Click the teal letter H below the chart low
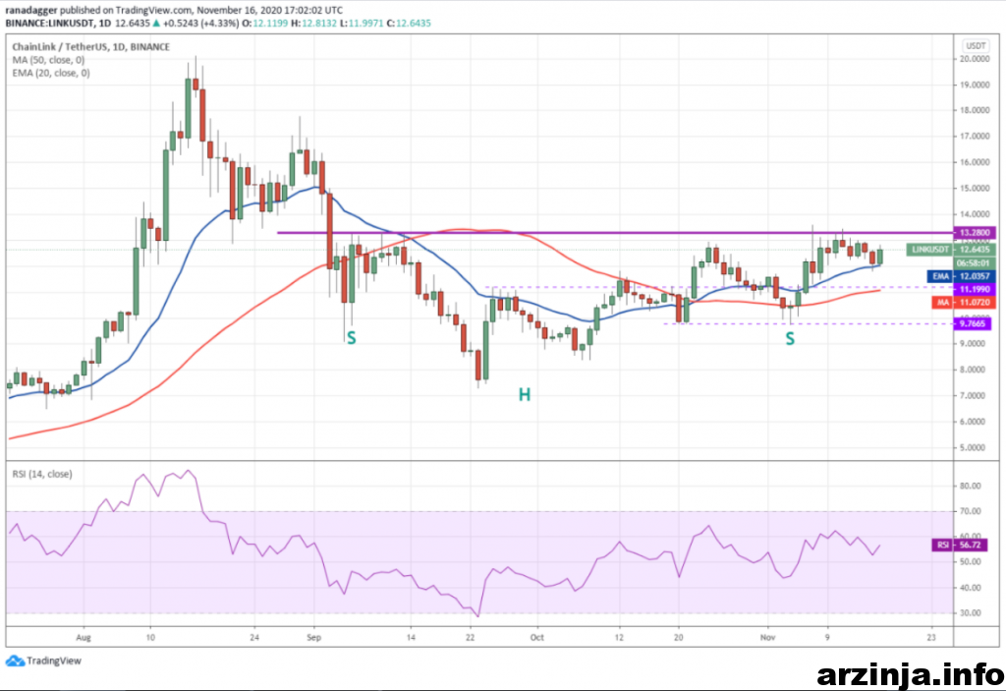tap(525, 394)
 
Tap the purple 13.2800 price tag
tap(975, 232)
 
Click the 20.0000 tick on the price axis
tap(975, 59)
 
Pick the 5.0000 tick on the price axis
tap(975, 447)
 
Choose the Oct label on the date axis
tap(535, 636)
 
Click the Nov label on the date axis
tap(769, 636)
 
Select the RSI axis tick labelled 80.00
tap(973, 486)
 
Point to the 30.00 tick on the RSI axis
tap(973, 612)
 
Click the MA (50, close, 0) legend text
tap(51, 59)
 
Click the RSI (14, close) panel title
tap(41, 474)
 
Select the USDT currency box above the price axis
tap(976, 45)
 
